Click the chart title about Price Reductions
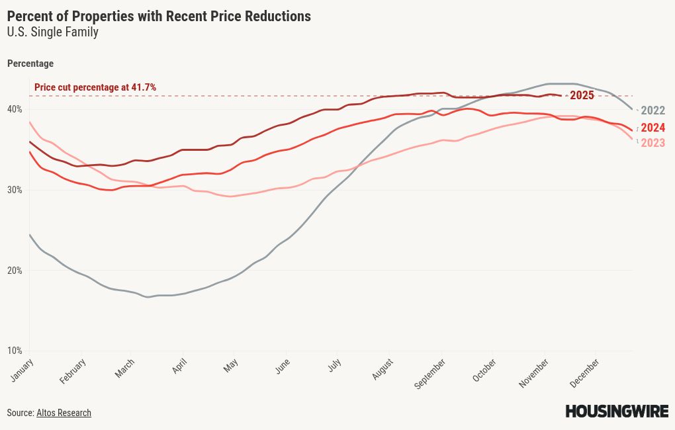pyautogui.click(x=159, y=16)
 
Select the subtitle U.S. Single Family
pyautogui.click(x=53, y=32)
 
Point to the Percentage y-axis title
pyautogui.click(x=30, y=64)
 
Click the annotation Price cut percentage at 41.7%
pyautogui.click(x=95, y=87)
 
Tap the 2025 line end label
pyautogui.click(x=582, y=95)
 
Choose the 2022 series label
pyautogui.click(x=653, y=110)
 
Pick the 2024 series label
pyautogui.click(x=653, y=128)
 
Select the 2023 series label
pyautogui.click(x=653, y=143)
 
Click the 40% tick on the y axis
pyautogui.click(x=15, y=109)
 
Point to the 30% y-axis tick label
pyautogui.click(x=15, y=190)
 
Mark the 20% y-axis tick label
pyautogui.click(x=15, y=271)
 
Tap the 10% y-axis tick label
pyautogui.click(x=15, y=351)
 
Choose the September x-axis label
pyautogui.click(x=431, y=373)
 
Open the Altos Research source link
pyautogui.click(x=64, y=413)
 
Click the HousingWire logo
pyautogui.click(x=616, y=411)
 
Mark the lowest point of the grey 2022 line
pyautogui.click(x=148, y=297)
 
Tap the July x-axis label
pyautogui.click(x=334, y=365)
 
